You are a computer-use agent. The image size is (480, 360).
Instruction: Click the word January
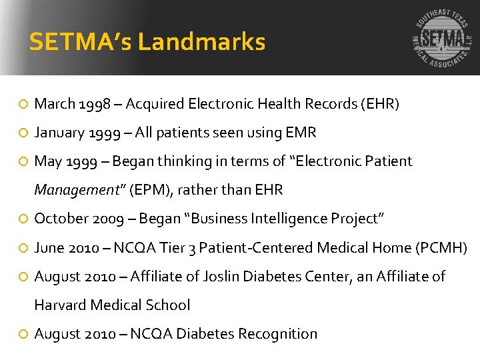[59, 133]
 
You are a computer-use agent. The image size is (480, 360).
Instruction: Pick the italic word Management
[75, 190]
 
